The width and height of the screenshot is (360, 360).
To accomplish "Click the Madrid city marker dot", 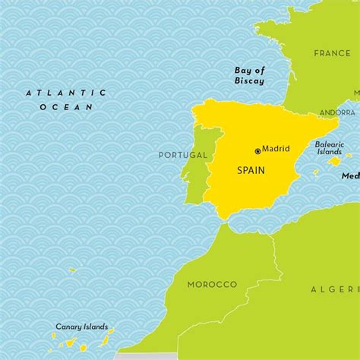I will point(257,151).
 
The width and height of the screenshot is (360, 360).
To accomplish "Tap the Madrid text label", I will point(276,150).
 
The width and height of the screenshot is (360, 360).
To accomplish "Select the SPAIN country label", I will point(251,171).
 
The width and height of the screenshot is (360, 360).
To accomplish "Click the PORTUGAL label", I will point(182,155).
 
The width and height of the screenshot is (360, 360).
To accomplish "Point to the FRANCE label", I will point(333,53).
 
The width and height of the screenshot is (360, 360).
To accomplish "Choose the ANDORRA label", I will point(337,112).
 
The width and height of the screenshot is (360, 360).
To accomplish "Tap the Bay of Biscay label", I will point(249,75).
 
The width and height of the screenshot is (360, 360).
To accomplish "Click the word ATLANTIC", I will point(66,93).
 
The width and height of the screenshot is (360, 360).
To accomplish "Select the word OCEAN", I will point(66,107).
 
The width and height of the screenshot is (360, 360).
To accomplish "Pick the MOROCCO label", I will point(212,284).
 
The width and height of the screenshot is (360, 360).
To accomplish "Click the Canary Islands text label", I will point(81,327).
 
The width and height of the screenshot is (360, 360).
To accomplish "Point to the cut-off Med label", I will point(350,175).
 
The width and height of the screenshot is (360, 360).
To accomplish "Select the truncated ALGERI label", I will point(335,289).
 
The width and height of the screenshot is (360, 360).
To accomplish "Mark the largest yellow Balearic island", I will point(333,161).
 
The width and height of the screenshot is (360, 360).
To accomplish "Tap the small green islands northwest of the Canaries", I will point(72,270).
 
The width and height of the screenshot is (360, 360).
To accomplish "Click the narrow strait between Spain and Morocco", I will point(223,223).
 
